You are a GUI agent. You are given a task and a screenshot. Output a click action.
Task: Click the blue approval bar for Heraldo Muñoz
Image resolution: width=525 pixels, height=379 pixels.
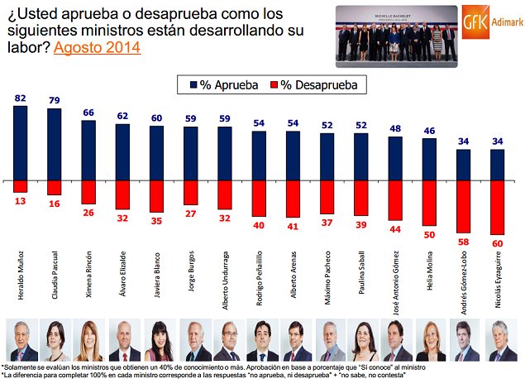(x=21, y=142)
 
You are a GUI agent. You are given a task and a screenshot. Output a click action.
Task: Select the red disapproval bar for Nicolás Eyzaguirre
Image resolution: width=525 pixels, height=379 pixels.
(x=497, y=207)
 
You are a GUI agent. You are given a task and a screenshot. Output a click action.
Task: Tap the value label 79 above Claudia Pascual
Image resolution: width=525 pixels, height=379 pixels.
(x=55, y=101)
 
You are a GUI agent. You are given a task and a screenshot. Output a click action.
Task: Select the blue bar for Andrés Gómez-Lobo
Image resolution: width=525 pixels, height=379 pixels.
(x=463, y=165)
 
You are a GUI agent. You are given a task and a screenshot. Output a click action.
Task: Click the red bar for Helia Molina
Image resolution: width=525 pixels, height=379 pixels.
(x=429, y=203)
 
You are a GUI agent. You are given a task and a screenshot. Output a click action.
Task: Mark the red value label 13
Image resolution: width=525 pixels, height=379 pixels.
(x=21, y=200)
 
